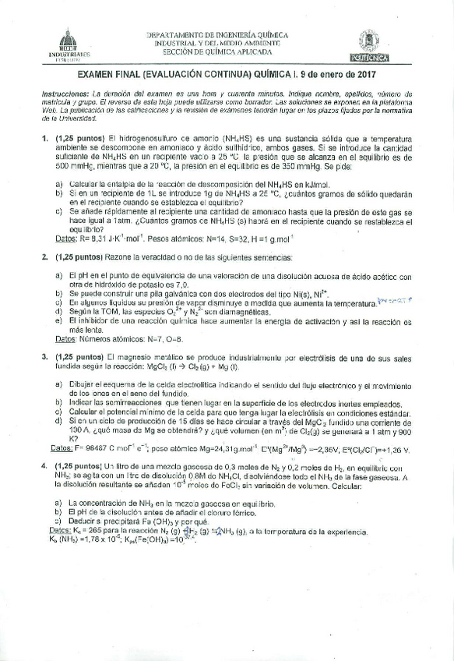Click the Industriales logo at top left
point(69,45)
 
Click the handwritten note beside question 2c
point(393,299)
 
